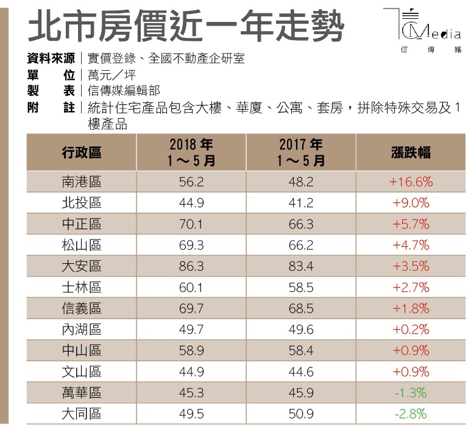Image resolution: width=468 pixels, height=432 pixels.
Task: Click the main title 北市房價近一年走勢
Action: (x=186, y=26)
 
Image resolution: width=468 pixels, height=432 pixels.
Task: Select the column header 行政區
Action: (x=82, y=152)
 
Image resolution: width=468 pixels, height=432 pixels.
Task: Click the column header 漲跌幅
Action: (x=410, y=152)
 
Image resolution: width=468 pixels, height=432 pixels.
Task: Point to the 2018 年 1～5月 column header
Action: (x=191, y=152)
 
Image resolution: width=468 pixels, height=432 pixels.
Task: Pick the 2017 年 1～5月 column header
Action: (x=301, y=152)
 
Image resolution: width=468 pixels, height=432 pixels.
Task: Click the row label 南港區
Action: (x=82, y=182)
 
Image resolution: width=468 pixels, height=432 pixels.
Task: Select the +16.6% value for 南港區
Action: (x=410, y=182)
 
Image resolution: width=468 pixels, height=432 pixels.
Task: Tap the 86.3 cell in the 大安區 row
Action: (x=191, y=266)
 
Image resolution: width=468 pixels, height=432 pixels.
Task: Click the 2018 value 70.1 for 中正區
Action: (x=191, y=224)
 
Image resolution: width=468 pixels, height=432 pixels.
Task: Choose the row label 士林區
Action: (x=82, y=287)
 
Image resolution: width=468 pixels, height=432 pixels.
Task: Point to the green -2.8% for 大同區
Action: (x=410, y=414)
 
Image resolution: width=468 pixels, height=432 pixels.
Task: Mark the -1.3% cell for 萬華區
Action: (x=410, y=393)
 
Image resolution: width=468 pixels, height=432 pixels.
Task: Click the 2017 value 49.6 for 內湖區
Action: (x=301, y=330)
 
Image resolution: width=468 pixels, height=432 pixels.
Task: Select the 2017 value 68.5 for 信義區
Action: (x=301, y=308)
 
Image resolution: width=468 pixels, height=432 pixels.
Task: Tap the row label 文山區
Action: (x=82, y=372)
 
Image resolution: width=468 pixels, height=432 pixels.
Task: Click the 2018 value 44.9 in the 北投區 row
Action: (x=191, y=203)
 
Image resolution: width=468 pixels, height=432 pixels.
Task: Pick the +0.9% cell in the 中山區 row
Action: (x=410, y=350)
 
